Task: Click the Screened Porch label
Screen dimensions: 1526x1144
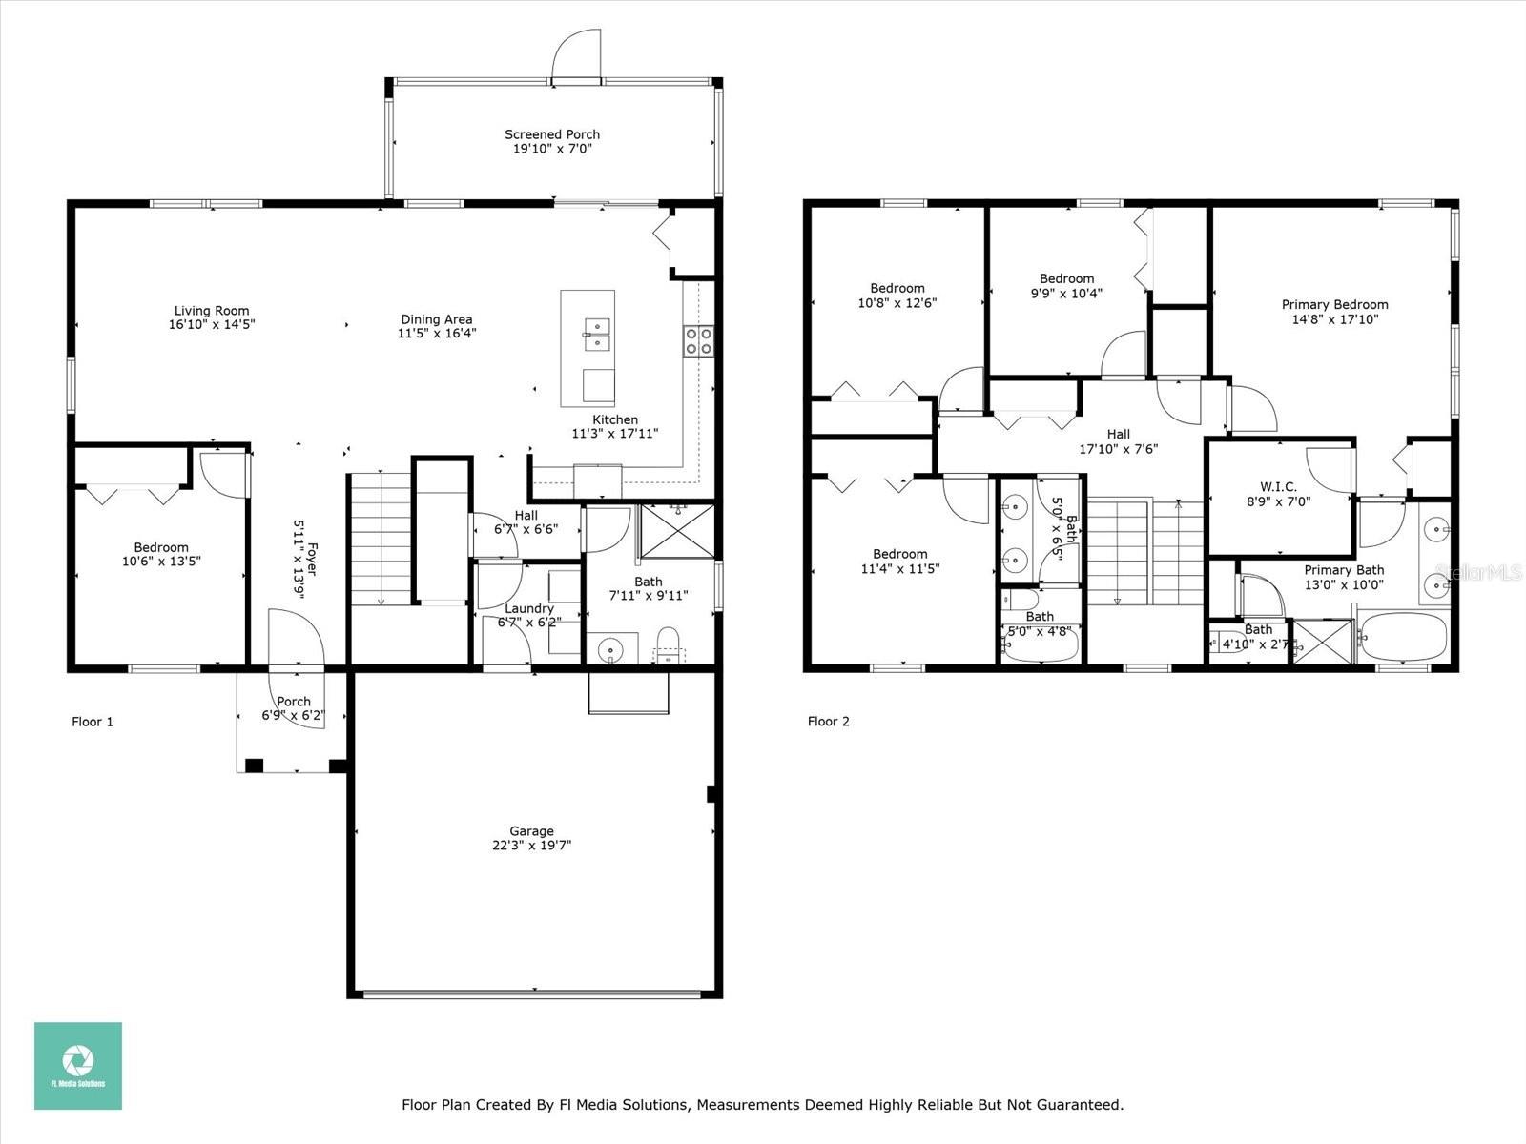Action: tap(552, 134)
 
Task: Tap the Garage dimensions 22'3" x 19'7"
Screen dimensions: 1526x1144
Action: tap(532, 846)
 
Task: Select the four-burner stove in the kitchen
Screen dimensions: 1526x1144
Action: tap(698, 341)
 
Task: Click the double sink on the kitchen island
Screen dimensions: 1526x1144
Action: tap(597, 334)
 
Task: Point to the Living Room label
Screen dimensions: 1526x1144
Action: tap(212, 311)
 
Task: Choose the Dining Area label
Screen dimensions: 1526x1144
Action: tap(437, 318)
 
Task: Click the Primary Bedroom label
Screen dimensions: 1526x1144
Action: tap(1335, 304)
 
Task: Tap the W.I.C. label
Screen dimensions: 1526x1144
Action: tap(1278, 486)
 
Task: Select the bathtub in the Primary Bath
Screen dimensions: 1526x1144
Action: tap(1404, 637)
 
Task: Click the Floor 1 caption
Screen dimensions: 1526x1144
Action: tap(93, 722)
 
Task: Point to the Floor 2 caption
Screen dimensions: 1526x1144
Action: tap(828, 721)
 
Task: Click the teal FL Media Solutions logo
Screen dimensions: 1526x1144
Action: tap(78, 1066)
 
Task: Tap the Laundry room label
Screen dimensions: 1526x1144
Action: tap(529, 608)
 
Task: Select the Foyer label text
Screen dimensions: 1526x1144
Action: tap(312, 560)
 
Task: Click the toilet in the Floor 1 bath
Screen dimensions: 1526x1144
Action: tap(669, 644)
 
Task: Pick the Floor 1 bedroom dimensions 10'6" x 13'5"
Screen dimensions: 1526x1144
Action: tap(161, 562)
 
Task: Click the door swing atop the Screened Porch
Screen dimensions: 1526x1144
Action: tap(576, 55)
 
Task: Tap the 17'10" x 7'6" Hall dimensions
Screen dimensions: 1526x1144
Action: tap(1118, 449)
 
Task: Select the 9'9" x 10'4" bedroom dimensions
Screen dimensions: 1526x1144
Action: tap(1066, 293)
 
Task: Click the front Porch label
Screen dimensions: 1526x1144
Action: tap(294, 702)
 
